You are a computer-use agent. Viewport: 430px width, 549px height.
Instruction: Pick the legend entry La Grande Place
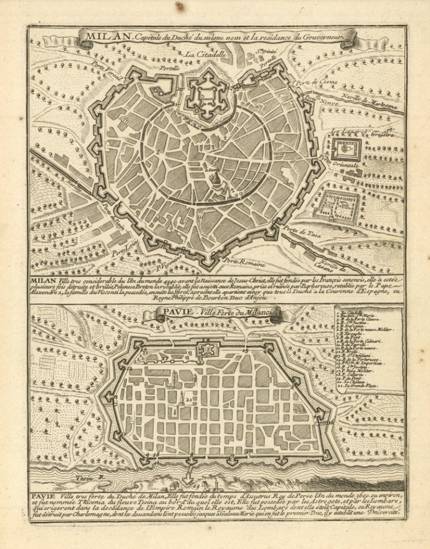(359, 387)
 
